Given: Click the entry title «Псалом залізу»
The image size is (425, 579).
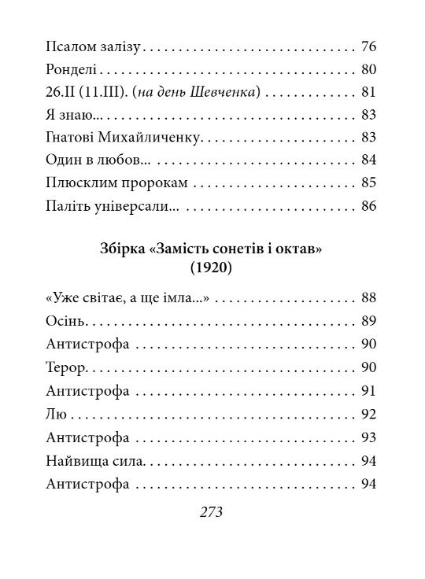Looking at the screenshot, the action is pos(93,46).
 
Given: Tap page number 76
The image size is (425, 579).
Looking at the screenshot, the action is pos(370,46).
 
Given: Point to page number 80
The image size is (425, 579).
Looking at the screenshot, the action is pos(370,69).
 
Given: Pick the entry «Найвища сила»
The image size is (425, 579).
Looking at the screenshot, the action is pos(94,460).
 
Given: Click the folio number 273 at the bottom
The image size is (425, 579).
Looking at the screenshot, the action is pos(213,513).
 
